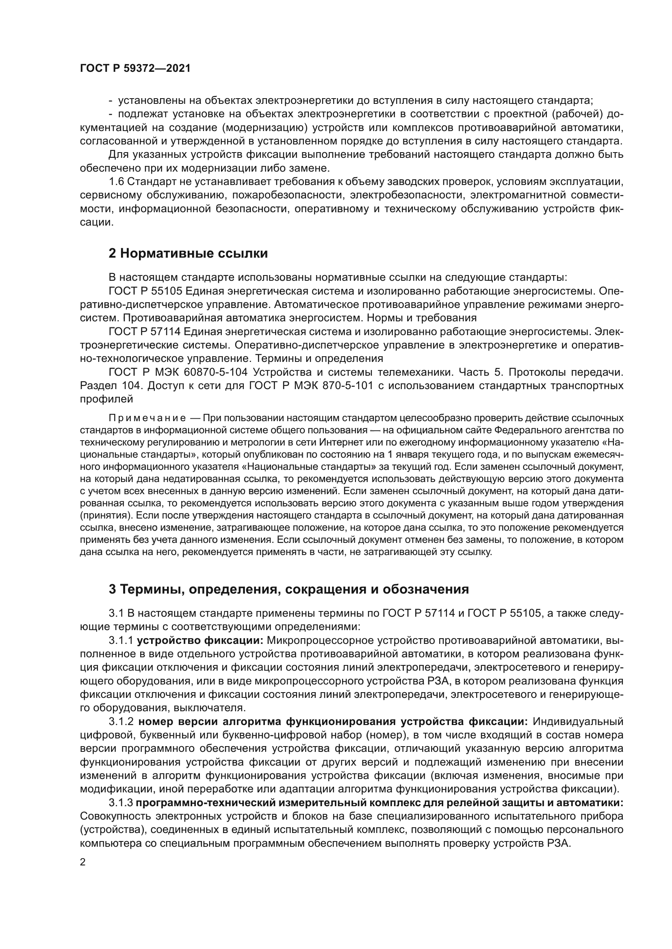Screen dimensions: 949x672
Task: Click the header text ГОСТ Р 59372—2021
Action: click(x=135, y=69)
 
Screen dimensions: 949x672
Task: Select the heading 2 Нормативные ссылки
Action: click(x=188, y=253)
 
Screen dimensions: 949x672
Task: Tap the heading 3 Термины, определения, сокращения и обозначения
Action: click(x=288, y=590)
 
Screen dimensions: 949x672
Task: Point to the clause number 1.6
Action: click(x=116, y=181)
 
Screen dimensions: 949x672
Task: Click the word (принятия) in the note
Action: click(x=106, y=516)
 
